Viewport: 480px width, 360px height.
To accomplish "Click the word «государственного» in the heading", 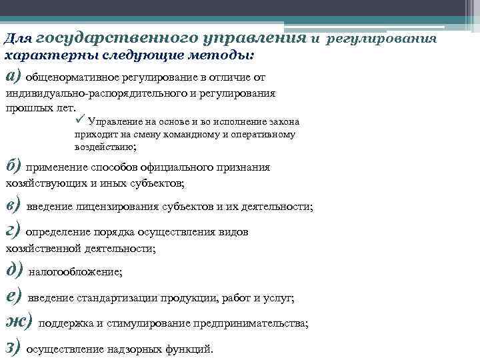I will click(107, 38).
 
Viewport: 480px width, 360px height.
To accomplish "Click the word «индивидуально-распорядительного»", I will click(89, 94).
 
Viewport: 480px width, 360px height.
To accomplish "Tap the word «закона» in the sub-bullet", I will click(283, 123).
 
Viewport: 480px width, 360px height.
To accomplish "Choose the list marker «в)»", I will click(13, 203).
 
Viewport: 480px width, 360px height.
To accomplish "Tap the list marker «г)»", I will click(13, 230).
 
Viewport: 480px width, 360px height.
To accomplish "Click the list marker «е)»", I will click(13, 295).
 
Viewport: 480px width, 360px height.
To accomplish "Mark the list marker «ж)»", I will click(19, 321).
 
